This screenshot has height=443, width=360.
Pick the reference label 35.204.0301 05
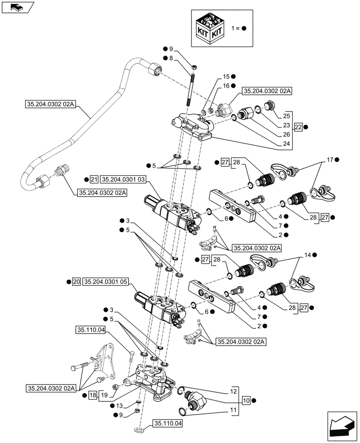point(105,282)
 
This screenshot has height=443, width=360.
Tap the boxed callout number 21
point(93,179)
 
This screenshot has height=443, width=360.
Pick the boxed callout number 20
point(76,282)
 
